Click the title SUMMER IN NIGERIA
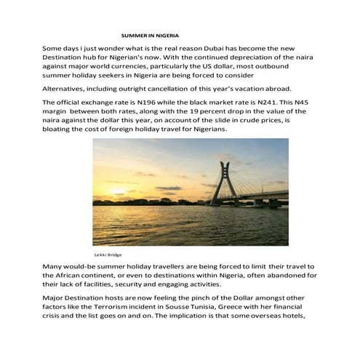[x=150, y=35]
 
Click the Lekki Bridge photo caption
[x=108, y=255]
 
